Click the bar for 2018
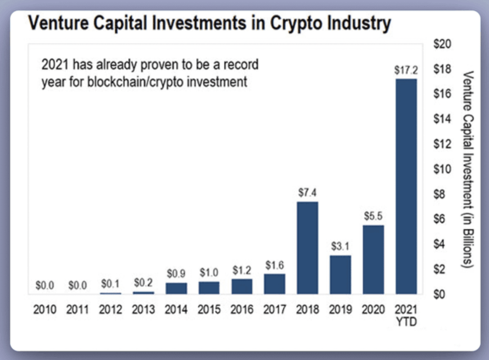307,248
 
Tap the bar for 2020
373,259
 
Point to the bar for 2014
176,288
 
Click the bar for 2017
274,284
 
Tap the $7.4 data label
307,193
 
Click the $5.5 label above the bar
373,216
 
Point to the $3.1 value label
340,246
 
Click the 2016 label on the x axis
242,310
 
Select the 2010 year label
45,310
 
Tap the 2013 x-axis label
143,310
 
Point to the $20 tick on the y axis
441,44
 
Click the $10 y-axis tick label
441,169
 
